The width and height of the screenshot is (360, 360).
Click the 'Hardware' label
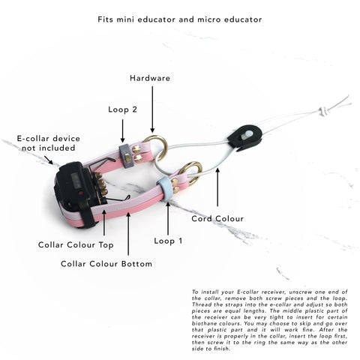click(x=150, y=78)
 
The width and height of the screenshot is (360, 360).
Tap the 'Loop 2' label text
click(x=122, y=109)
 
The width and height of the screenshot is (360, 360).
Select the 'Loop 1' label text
click(x=168, y=241)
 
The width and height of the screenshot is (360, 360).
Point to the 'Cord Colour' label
click(x=217, y=219)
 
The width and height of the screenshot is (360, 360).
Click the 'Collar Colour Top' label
click(x=76, y=245)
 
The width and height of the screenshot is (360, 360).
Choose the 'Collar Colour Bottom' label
click(x=106, y=264)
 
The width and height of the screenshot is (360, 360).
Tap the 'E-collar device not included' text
click(x=49, y=143)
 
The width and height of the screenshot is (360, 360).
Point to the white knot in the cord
click(x=323, y=111)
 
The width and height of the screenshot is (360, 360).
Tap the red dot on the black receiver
click(x=81, y=193)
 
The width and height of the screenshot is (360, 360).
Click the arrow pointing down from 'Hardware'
click(x=152, y=109)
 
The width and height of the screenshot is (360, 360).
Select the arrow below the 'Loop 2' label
click(x=122, y=130)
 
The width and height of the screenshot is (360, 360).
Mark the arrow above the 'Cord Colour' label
click(x=217, y=187)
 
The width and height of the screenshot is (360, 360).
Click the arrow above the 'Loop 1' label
click(x=168, y=219)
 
